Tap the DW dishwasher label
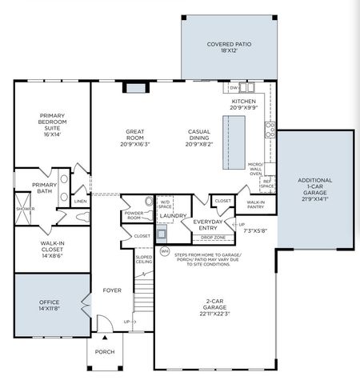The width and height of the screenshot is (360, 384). tap(234, 88)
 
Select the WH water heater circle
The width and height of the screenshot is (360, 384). tap(165, 251)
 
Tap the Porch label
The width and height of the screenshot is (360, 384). tap(106, 351)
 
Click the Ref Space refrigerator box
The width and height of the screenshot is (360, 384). tap(268, 184)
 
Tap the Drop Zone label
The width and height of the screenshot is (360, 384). tap(212, 238)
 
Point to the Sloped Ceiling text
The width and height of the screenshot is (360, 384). tap(143, 260)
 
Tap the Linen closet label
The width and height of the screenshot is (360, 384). tap(81, 202)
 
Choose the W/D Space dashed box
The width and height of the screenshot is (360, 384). tap(165, 205)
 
